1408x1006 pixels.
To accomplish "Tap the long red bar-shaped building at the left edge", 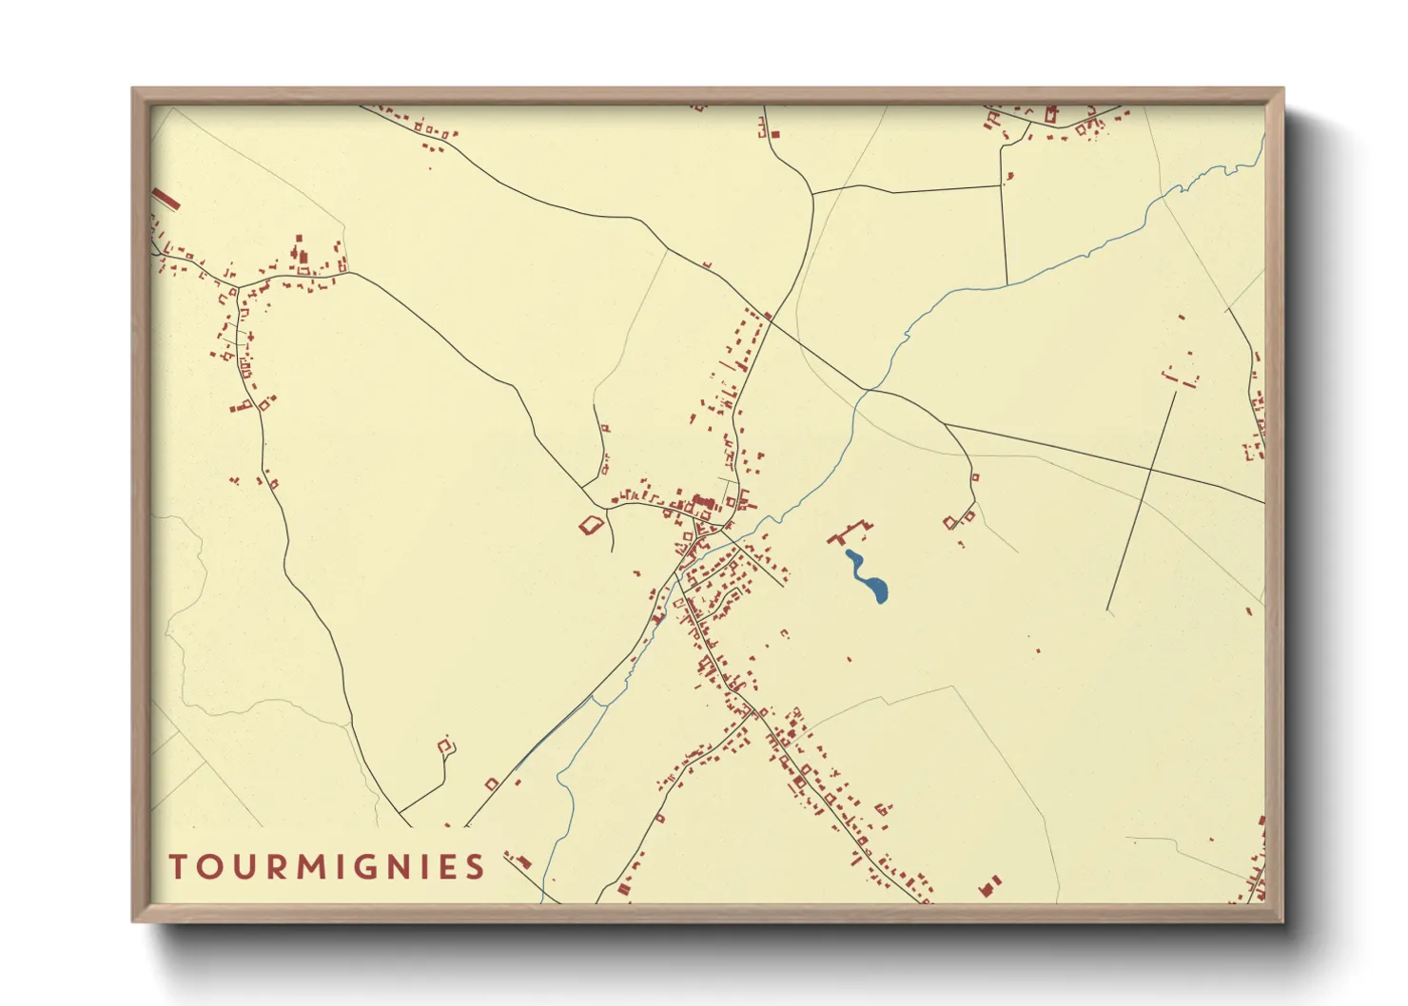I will tap(166, 199).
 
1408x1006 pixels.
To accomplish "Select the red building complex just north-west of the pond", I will tap(851, 532).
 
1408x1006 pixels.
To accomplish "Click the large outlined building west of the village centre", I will tap(592, 524).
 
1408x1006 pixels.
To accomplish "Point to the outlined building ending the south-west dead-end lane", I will tap(445, 746).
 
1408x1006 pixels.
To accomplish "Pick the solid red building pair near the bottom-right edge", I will tap(990, 885).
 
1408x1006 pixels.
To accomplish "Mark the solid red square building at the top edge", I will tap(775, 135).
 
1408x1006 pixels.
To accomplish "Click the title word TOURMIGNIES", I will tap(327, 867).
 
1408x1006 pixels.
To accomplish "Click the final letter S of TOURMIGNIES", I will tap(476, 867).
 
